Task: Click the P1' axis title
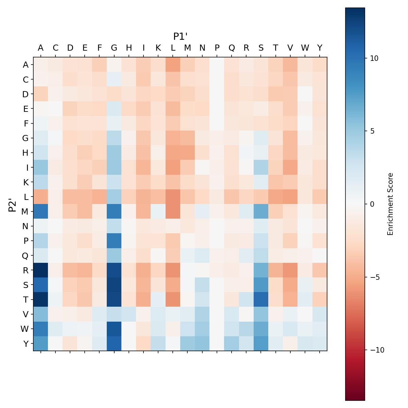point(181,36)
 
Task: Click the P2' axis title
point(13,204)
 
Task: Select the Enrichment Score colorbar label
point(390,204)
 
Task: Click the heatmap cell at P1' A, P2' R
point(41,270)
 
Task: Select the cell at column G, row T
point(114,299)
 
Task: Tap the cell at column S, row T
point(261,299)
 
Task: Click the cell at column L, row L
point(173,197)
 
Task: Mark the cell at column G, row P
point(114,241)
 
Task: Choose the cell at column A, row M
point(41,211)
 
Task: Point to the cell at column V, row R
point(290,270)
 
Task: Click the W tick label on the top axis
point(305,48)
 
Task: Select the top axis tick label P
point(217,48)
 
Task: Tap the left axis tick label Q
point(26,255)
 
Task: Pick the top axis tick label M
point(188,48)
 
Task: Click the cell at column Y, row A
point(320,65)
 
